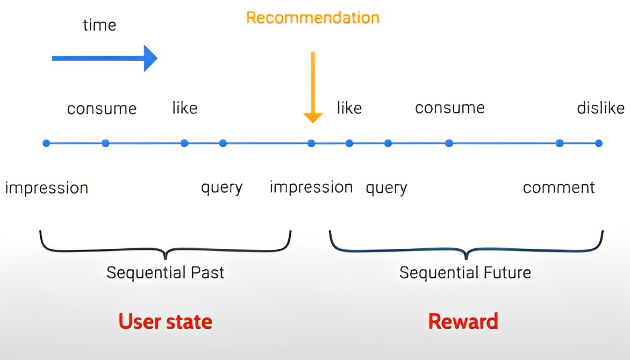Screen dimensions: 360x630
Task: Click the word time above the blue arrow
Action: pos(99,25)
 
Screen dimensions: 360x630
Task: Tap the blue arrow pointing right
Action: pos(104,58)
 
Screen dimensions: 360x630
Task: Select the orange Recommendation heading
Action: pos(313,17)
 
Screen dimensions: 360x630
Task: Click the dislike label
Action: pos(600,108)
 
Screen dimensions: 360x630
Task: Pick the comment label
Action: pos(559,188)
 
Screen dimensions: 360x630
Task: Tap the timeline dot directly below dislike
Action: pos(599,143)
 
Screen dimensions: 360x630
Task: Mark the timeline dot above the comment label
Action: pos(560,143)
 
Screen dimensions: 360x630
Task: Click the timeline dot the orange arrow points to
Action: pos(311,143)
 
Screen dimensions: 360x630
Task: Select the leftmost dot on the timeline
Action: pos(46,143)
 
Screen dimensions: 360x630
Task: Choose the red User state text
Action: pos(166,321)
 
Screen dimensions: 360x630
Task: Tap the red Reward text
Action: pos(463,321)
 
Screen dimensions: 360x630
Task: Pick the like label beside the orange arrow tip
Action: pos(349,108)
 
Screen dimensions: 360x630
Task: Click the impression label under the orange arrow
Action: pos(311,187)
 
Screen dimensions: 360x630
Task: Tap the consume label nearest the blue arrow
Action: pos(102,109)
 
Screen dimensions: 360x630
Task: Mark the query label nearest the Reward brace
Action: pos(386,188)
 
